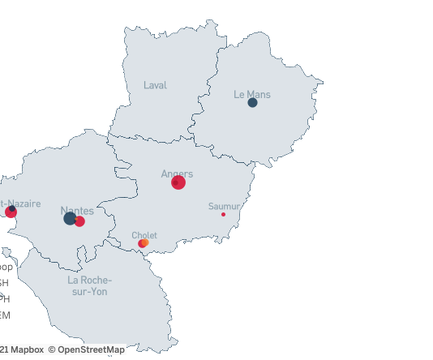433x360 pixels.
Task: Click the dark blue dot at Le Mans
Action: click(252, 103)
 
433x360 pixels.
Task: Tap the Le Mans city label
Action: click(252, 95)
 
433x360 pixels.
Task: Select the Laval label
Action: click(155, 85)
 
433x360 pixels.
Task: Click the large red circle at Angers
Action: click(178, 182)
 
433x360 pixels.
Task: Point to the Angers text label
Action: click(177, 174)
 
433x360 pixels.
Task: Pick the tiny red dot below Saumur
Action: click(223, 214)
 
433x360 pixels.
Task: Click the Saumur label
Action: click(224, 206)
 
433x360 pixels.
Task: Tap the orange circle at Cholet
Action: click(145, 242)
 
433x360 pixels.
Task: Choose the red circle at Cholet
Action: click(141, 243)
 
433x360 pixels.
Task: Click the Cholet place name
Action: click(144, 235)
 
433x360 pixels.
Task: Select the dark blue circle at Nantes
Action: click(70, 218)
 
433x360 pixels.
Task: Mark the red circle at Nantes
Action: click(79, 221)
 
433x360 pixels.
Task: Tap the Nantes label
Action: click(77, 211)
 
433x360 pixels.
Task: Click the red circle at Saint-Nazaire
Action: click(11, 213)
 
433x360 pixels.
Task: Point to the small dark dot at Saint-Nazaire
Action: click(12, 209)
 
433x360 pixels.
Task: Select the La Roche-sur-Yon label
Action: click(89, 285)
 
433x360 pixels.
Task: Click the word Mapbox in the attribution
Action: click(26, 350)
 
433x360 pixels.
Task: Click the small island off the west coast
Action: click(6, 254)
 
